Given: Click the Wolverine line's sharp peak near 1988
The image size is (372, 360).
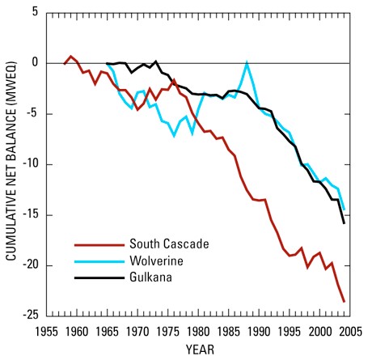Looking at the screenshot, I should (247, 62).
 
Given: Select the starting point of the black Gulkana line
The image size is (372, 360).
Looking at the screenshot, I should (107, 63).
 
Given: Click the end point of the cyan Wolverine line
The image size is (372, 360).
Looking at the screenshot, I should (344, 210).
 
